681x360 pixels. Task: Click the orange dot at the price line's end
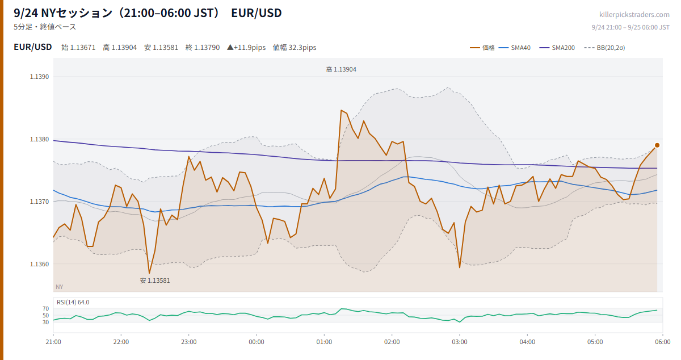(657, 145)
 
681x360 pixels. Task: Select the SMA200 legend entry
(557, 48)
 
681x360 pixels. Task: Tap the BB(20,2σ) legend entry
(604, 48)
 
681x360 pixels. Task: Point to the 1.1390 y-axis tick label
(39, 77)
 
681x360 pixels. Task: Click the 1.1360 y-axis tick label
(39, 264)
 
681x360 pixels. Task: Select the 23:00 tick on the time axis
(189, 342)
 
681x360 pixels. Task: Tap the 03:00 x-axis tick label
(460, 342)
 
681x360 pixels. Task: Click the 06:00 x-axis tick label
(663, 342)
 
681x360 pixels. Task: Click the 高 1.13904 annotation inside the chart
(341, 70)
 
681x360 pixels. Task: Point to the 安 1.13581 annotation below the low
(155, 281)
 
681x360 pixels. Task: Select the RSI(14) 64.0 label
(73, 302)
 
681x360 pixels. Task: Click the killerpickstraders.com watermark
(634, 15)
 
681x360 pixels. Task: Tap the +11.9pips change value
(246, 48)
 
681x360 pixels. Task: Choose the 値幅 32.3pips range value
(295, 48)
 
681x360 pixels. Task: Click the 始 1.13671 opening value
(78, 48)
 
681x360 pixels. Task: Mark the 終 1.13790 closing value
(203, 48)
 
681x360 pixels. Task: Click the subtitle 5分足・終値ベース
(45, 27)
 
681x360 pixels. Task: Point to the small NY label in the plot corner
(59, 287)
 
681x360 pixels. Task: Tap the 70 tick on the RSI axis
(45, 308)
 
